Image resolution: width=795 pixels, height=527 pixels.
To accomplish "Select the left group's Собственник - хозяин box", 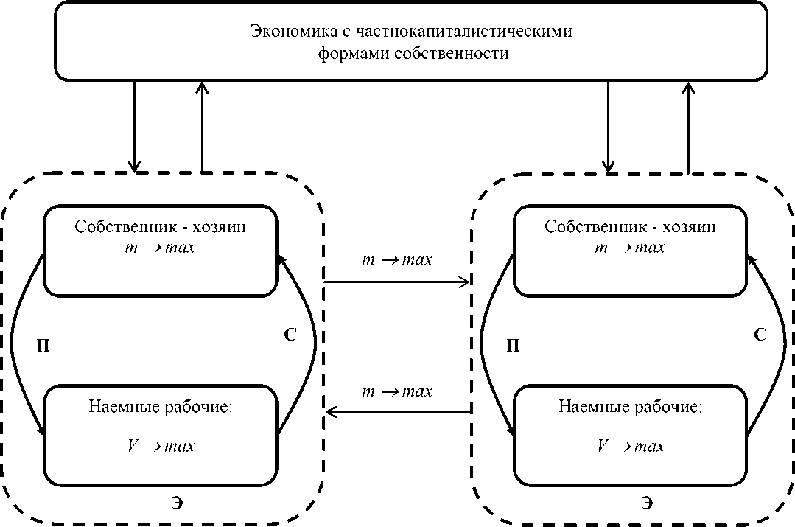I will pyautogui.click(x=161, y=251).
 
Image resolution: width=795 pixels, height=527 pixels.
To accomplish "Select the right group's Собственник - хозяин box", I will pyautogui.click(x=631, y=251).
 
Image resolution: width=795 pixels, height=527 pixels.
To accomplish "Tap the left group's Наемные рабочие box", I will pyautogui.click(x=161, y=434).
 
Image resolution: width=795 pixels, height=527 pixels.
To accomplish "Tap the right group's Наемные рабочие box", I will pyautogui.click(x=631, y=434).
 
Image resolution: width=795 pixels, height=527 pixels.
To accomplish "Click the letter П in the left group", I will pyautogui.click(x=43, y=345).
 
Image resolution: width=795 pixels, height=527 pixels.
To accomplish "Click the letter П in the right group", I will pyautogui.click(x=514, y=345).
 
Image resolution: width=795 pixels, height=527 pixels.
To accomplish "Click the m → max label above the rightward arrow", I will pyautogui.click(x=397, y=261).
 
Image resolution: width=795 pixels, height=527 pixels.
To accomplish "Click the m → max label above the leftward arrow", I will pyautogui.click(x=397, y=391).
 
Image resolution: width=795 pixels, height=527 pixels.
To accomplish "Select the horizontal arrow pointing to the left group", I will pyautogui.click(x=397, y=412).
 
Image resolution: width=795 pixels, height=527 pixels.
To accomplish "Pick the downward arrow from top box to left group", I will pyautogui.click(x=134, y=125).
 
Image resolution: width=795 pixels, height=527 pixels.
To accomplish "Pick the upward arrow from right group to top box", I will pyautogui.click(x=689, y=125).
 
